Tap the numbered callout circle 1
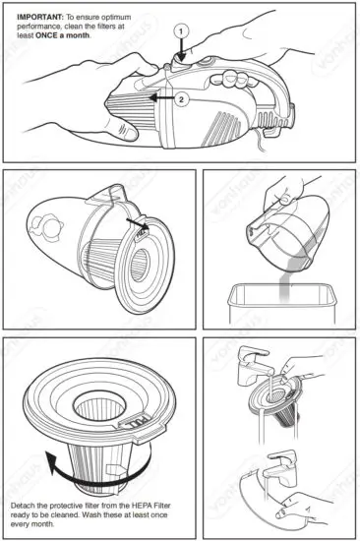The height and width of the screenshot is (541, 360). pyautogui.click(x=180, y=30)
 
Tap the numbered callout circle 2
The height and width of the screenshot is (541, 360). pyautogui.click(x=180, y=99)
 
